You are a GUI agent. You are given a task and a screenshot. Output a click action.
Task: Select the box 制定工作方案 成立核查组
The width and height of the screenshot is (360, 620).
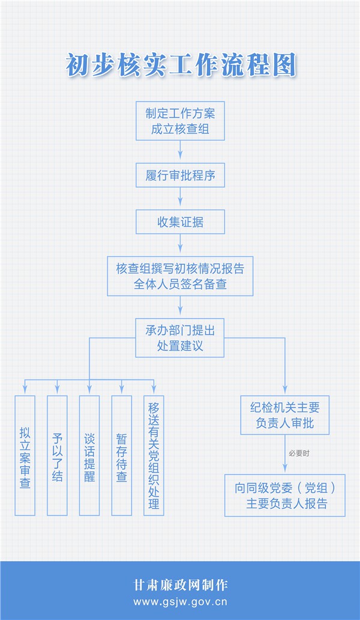[x=180, y=121]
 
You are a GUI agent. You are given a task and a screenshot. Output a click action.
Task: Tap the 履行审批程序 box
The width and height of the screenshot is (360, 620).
[x=180, y=175]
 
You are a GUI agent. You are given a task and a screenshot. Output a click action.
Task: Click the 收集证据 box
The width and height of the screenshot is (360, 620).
[x=180, y=222]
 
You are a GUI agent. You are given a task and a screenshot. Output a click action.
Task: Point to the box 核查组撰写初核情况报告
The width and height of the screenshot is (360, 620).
[x=180, y=276]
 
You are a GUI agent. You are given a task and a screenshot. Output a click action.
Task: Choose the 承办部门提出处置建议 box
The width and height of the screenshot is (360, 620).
[x=180, y=338]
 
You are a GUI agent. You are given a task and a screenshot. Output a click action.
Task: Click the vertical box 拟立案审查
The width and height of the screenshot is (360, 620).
[x=25, y=456]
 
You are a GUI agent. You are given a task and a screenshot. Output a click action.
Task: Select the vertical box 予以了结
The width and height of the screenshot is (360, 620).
[x=57, y=456]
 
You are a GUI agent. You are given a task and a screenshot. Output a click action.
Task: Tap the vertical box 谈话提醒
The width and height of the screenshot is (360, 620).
[x=89, y=456]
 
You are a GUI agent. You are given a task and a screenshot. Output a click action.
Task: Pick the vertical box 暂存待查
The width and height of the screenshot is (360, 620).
[x=122, y=456]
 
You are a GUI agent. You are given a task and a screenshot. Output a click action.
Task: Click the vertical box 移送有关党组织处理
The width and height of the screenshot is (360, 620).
[x=154, y=456]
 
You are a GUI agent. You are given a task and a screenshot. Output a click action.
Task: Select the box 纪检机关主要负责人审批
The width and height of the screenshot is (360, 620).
[x=285, y=415]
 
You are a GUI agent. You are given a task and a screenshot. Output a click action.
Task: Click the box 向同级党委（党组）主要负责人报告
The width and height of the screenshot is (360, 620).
[x=285, y=495]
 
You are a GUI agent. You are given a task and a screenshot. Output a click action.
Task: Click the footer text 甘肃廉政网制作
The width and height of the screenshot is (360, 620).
[x=181, y=585]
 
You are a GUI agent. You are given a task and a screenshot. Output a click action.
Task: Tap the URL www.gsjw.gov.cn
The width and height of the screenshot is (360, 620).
[x=180, y=602]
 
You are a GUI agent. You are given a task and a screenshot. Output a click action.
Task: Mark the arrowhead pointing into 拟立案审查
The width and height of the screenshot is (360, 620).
[x=25, y=390]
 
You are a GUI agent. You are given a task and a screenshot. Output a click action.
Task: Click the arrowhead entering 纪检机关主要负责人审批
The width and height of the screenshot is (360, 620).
[x=285, y=390]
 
